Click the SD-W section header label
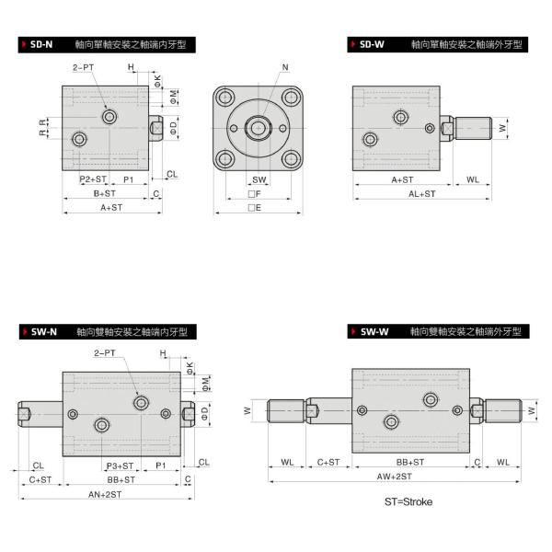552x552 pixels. coord(372,44)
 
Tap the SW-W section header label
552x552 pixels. coord(374,330)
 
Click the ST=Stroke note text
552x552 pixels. coord(408,502)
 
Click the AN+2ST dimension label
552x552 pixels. coord(107,494)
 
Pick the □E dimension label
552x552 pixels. coord(259,208)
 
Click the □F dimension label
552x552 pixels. coord(259,194)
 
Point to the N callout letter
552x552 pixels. coord(284,68)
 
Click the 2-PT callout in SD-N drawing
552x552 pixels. coord(83,68)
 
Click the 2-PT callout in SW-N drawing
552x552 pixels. coord(104,352)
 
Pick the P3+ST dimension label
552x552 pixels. coord(120,466)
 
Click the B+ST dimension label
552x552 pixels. coord(104,194)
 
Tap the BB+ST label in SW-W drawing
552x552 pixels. coord(409,462)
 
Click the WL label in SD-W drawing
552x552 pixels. coord(473,180)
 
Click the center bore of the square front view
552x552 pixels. coord(259,126)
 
